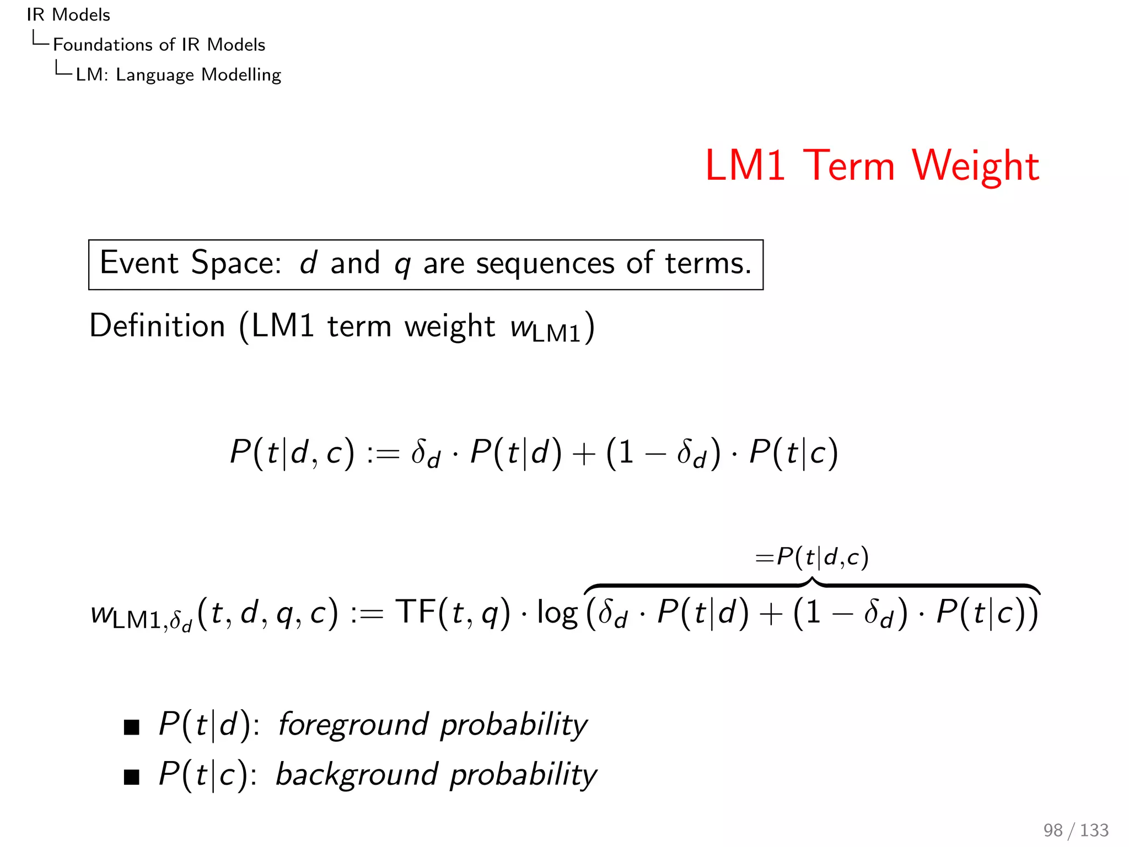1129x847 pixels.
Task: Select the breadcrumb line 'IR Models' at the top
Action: pyautogui.click(x=68, y=15)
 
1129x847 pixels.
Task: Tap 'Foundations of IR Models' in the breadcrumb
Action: pyautogui.click(x=159, y=45)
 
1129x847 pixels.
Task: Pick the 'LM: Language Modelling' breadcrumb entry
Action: pyautogui.click(x=178, y=74)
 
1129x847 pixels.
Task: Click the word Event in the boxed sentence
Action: pyautogui.click(x=139, y=263)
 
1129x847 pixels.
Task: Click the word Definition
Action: pyautogui.click(x=157, y=326)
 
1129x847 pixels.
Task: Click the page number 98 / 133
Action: pyautogui.click(x=1076, y=830)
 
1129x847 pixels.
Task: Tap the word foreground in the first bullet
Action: pyautogui.click(x=353, y=725)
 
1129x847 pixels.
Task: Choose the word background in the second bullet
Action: pyautogui.click(x=356, y=775)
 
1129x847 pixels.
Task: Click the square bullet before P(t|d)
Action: pyautogui.click(x=132, y=727)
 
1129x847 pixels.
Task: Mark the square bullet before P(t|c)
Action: pyautogui.click(x=132, y=778)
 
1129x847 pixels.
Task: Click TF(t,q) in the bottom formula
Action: pyautogui.click(x=453, y=613)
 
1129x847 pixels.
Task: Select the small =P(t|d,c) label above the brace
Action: pyautogui.click(x=811, y=557)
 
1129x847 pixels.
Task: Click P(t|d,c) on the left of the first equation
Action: pyautogui.click(x=292, y=453)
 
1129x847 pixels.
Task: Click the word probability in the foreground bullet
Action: pyautogui.click(x=513, y=725)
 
